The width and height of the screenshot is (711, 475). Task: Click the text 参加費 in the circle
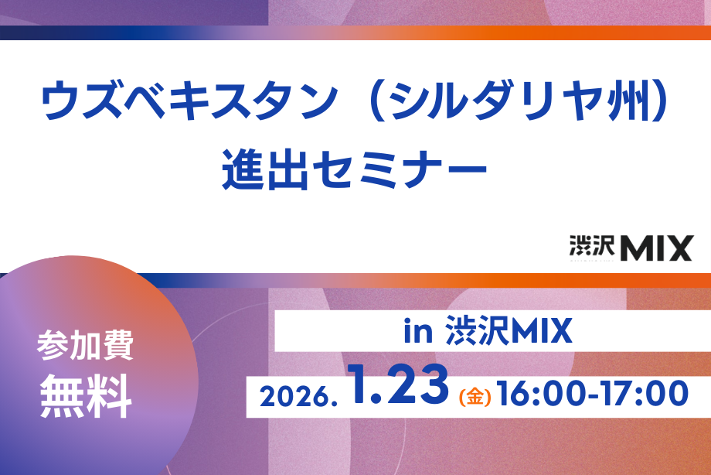click(x=85, y=347)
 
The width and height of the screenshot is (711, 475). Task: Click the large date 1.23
click(x=398, y=387)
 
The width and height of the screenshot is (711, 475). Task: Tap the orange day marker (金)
click(x=475, y=398)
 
